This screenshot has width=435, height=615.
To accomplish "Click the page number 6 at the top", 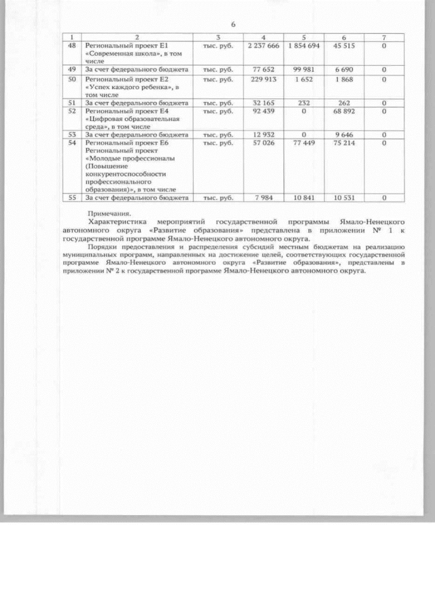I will tap(233, 24).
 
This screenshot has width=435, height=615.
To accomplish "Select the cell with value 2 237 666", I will tap(264, 45).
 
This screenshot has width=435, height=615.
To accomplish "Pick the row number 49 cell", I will tap(72, 70).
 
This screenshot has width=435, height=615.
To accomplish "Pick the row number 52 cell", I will tap(72, 111).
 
